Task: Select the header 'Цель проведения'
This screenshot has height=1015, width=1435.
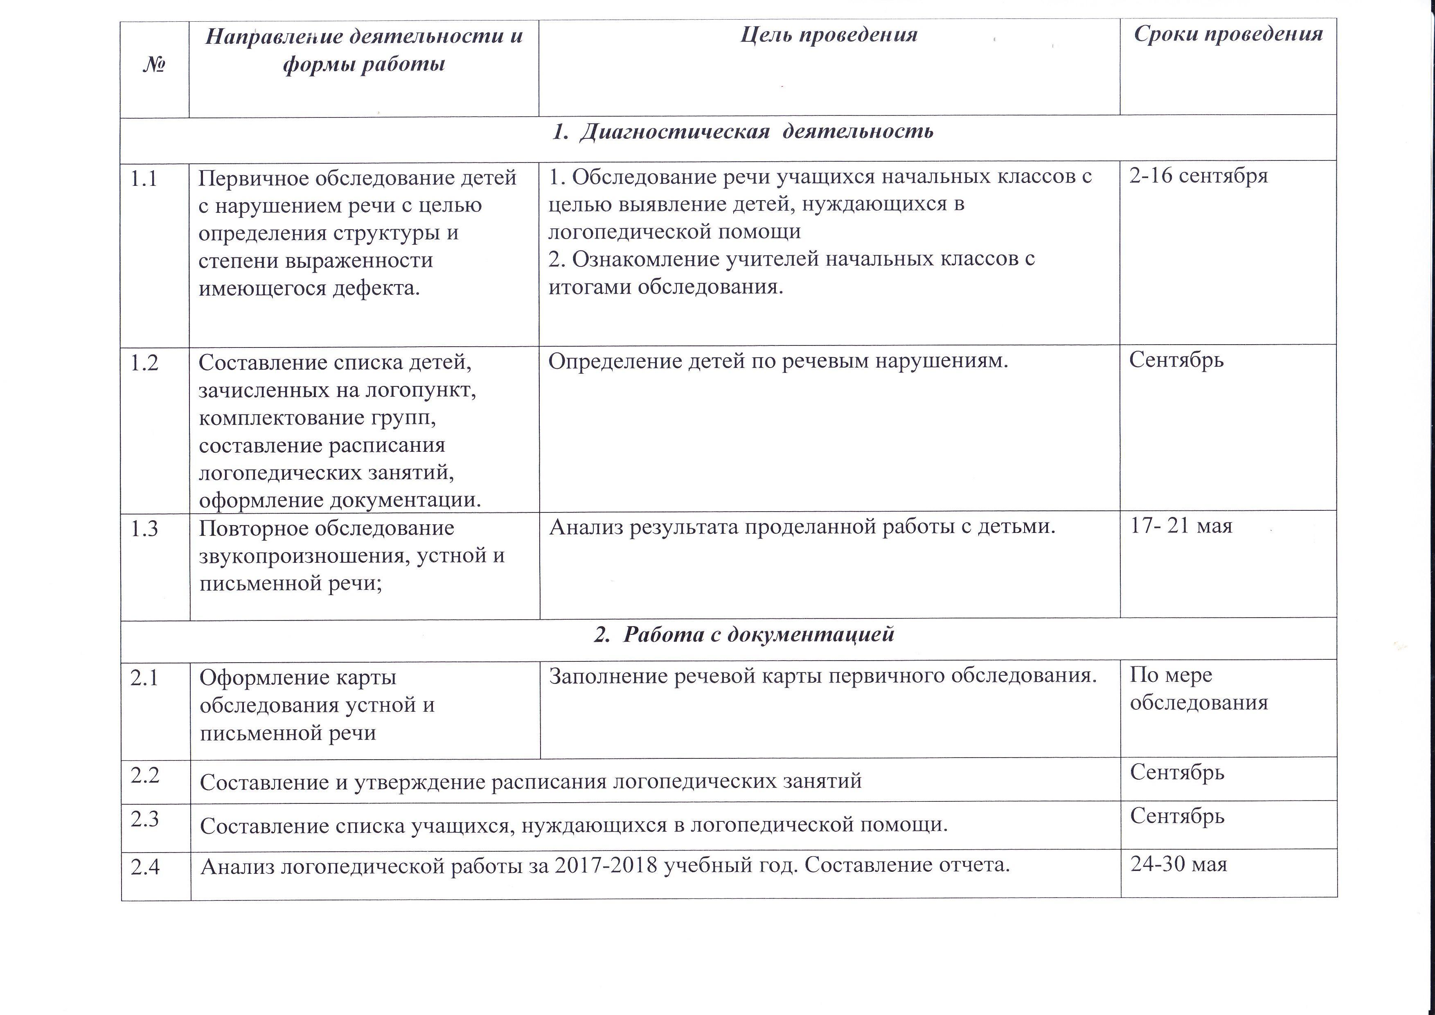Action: point(829,34)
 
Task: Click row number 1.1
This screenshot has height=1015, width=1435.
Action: point(143,179)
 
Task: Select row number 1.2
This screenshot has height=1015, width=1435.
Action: point(144,363)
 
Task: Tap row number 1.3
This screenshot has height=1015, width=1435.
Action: point(144,529)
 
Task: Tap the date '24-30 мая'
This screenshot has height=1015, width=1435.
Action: point(1179,864)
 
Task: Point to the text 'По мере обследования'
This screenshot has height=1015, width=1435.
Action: point(1198,689)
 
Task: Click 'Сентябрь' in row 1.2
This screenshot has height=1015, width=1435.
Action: point(1176,361)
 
